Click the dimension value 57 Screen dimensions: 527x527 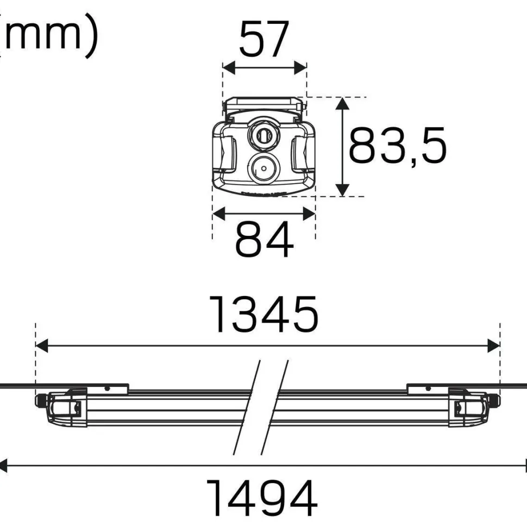point(264,39)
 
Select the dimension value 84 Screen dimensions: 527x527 point(264,239)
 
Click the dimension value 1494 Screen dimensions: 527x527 point(262,498)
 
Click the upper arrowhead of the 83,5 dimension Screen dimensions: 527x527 point(342,104)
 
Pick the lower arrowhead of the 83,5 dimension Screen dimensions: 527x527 point(342,190)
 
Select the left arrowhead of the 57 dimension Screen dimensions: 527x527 point(229,68)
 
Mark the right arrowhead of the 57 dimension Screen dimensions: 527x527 point(300,68)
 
